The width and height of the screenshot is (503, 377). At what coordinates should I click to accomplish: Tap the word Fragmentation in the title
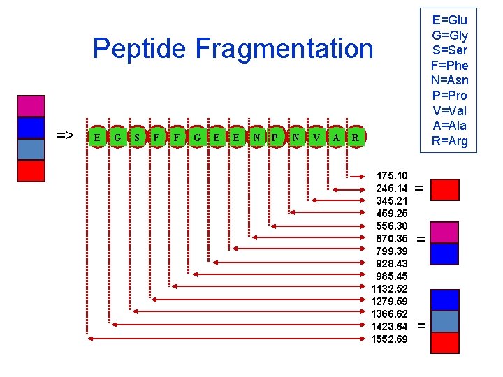coord(284,50)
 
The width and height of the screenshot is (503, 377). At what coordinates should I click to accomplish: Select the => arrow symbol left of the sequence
coord(66,135)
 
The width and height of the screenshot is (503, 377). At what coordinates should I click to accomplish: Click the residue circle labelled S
coord(138,138)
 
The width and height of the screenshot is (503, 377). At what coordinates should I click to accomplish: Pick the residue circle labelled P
coord(276,138)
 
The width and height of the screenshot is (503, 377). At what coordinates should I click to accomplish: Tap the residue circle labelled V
coord(316,138)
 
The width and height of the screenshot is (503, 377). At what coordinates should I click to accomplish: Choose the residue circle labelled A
coord(336,138)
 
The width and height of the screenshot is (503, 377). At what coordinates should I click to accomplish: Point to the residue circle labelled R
coord(356,138)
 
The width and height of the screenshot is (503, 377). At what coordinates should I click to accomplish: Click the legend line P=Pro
coord(449,96)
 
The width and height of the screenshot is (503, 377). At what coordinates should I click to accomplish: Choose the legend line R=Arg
coord(449,141)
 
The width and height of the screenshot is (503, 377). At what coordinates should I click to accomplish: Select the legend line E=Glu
coord(449,20)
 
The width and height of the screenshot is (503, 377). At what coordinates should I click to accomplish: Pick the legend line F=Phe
coord(449,66)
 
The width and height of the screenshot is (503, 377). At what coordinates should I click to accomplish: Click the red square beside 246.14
coord(445,189)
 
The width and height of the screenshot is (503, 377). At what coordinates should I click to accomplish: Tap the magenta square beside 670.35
coord(445,232)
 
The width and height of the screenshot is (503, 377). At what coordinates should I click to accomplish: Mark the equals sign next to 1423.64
coord(421,326)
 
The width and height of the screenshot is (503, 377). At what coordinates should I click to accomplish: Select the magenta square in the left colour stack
coord(31,106)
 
